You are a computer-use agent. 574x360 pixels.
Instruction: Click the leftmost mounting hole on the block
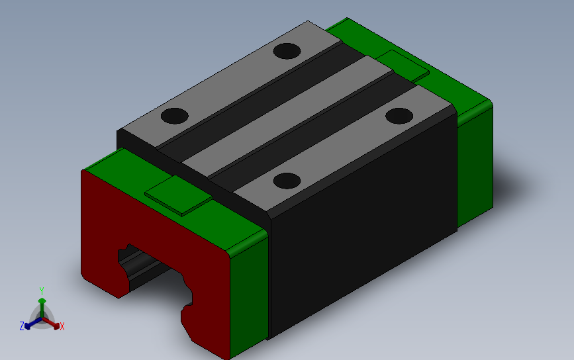click(x=175, y=116)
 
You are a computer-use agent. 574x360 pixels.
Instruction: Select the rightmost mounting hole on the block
click(x=399, y=116)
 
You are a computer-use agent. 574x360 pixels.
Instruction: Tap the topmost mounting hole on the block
click(x=287, y=51)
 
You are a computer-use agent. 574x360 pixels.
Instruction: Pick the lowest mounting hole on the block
click(x=287, y=180)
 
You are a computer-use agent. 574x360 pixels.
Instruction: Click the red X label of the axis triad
click(x=62, y=326)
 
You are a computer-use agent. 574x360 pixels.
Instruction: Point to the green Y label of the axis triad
click(x=41, y=291)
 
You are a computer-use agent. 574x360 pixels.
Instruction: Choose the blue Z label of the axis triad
click(x=22, y=326)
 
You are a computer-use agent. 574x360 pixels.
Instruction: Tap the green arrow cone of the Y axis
click(x=42, y=302)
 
